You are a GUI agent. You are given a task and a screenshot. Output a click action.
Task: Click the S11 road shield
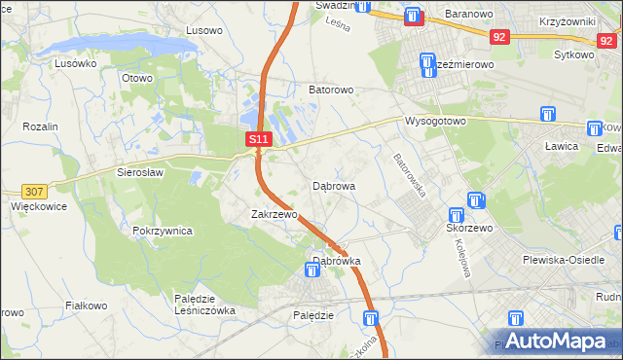(258, 140)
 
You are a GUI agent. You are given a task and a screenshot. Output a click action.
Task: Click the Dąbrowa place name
(334, 185)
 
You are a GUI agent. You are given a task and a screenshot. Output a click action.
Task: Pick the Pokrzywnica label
(163, 232)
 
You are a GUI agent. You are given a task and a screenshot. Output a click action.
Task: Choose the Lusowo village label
(204, 30)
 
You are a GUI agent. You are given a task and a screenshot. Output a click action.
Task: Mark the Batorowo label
(331, 90)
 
